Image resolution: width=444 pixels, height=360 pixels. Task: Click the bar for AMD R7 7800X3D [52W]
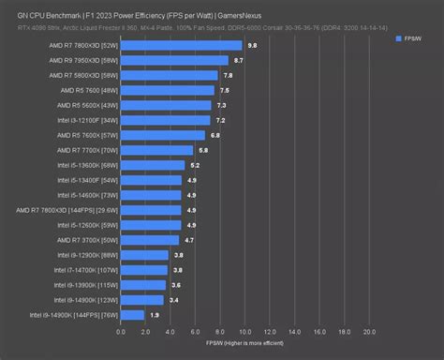pos(181,45)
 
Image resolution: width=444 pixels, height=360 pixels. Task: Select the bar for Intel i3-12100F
pos(165,120)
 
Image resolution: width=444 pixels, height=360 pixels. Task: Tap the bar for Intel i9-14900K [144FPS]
pos(132,315)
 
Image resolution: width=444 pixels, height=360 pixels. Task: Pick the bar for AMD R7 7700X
pos(156,150)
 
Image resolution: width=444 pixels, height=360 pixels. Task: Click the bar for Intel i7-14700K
pos(144,270)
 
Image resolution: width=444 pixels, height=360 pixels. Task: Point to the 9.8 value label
pos(252,45)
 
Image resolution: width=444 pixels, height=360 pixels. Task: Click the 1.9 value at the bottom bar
pos(155,315)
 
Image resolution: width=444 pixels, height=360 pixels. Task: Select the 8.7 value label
pos(238,60)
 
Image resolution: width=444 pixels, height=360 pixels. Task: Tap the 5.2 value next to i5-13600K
pos(195,165)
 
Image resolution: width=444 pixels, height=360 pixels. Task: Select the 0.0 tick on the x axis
pos(120,332)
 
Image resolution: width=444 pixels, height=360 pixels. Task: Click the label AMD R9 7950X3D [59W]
pos(82,60)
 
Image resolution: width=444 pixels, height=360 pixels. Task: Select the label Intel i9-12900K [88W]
pos(87,255)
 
